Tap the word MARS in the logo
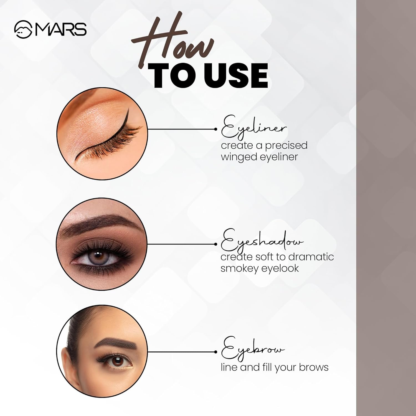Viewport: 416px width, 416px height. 60,30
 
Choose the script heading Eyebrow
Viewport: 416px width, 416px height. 253,349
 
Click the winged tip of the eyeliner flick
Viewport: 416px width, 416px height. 128,108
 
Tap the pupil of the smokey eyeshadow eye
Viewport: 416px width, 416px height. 97,254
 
